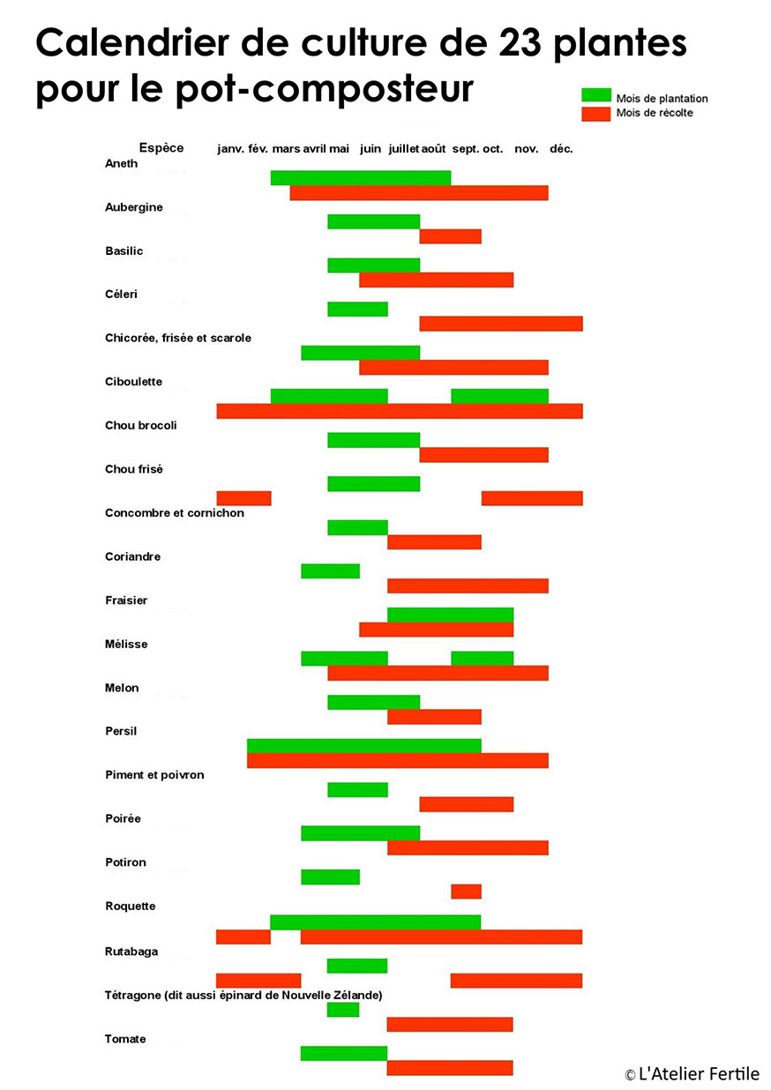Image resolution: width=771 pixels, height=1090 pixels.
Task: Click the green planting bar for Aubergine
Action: [x=373, y=222]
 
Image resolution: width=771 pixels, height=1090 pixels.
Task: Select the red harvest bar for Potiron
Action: [x=466, y=892]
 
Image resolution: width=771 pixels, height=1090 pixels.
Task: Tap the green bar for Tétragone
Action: [x=343, y=1010]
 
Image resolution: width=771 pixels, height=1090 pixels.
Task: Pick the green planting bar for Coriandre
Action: [x=331, y=571]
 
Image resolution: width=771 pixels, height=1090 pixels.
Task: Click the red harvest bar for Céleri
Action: [x=501, y=324]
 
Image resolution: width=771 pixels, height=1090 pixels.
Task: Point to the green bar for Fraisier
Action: [x=450, y=615]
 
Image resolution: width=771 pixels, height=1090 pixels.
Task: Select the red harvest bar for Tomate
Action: [x=450, y=1068]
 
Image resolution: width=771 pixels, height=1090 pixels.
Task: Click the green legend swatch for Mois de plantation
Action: [x=596, y=95]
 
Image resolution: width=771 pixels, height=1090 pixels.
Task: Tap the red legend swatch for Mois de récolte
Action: [x=596, y=114]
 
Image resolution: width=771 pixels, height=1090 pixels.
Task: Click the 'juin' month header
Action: [x=371, y=149]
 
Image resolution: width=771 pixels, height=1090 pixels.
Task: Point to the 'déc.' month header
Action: [x=561, y=149]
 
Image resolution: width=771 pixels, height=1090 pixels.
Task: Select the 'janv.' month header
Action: [x=230, y=149]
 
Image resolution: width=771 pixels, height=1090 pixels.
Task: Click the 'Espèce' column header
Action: [x=161, y=148]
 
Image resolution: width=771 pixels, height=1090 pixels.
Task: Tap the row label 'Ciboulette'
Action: [x=133, y=382]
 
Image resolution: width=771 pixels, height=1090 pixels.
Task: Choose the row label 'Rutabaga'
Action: [x=131, y=952]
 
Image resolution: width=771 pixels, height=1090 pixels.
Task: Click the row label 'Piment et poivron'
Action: [x=154, y=775]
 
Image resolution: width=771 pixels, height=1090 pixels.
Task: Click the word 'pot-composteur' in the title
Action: [x=325, y=89]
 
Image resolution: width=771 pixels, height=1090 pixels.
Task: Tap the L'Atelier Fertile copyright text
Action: [x=692, y=1073]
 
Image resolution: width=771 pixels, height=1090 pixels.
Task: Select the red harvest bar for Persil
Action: [x=398, y=760]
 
